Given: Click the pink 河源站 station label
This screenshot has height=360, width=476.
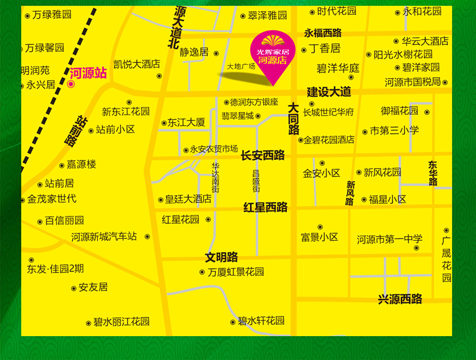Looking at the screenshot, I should coord(88,73).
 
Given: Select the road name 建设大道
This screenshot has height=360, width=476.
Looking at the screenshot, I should coord(329,92).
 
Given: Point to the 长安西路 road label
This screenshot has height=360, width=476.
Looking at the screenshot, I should coord(263,155).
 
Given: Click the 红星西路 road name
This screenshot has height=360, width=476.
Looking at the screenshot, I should coord(265,207).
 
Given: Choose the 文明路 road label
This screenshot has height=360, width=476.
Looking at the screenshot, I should coord(221,257).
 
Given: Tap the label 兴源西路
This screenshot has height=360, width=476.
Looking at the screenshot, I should coord(400,299).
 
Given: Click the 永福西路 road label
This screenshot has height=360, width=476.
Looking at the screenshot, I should coord(323,33).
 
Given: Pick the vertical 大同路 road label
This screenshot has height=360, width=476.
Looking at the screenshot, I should coord(294,118).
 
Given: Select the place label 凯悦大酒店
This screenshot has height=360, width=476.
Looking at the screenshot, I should coord(137,64).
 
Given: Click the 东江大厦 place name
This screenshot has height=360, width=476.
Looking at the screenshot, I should coord(186,123).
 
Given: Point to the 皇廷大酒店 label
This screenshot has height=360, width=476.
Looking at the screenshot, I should coord(188,199).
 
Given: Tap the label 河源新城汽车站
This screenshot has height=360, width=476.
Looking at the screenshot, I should coord(104,237).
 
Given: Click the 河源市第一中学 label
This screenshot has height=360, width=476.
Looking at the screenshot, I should coord(390,239).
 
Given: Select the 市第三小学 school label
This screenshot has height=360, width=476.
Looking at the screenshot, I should coord(394,131).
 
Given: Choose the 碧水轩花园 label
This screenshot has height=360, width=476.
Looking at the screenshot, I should coord(261,321).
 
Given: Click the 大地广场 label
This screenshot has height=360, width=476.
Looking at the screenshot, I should coord(241,67).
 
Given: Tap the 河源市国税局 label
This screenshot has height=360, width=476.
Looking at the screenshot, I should coord(413,82).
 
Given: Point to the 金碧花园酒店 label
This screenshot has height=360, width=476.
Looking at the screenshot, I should coord(329,140).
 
